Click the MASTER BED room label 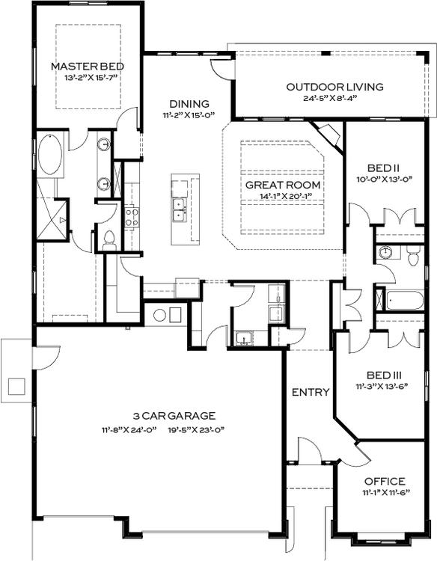coord(86,67)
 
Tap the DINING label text coord(189,104)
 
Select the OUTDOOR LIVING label coord(334,87)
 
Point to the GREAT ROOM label coord(283,185)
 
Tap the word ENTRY coord(311,392)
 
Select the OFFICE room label coord(385,481)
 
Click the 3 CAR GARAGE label coord(163,416)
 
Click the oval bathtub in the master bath coord(50,155)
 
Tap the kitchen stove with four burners coord(132,217)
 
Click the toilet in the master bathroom coord(109,239)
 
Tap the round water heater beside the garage coord(159,316)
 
